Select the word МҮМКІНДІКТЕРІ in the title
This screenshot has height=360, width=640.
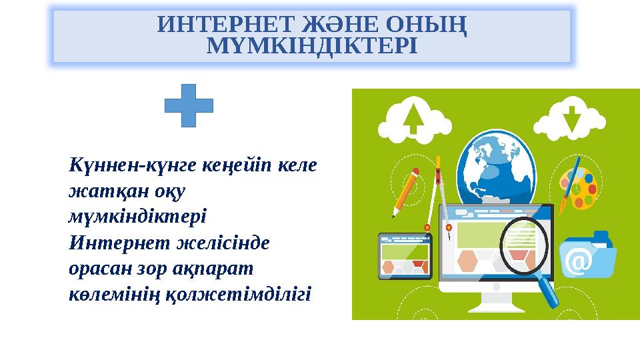[x=312, y=46]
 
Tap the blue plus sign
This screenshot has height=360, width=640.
[x=189, y=106]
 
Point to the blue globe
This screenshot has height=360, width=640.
[x=497, y=166]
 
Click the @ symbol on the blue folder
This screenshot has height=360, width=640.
[x=577, y=263]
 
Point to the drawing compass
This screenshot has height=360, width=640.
[x=439, y=193]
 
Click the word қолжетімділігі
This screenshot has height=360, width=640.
[x=250, y=294]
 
